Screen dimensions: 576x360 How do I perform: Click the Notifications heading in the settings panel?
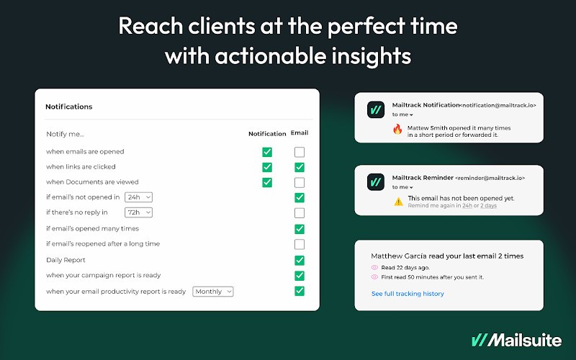point(68,107)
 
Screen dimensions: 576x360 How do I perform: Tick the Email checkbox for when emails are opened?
point(300,152)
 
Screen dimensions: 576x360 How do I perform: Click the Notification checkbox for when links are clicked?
point(267,167)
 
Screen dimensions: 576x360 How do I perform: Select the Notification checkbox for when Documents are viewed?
point(267,183)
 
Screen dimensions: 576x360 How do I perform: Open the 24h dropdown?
point(138,197)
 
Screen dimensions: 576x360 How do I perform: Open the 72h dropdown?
point(138,212)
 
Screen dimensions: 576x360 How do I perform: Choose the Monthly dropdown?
point(213,292)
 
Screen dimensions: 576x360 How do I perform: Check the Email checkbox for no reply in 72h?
point(300,212)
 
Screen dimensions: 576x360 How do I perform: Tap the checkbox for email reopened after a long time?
point(300,244)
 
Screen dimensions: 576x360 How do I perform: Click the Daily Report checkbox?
point(300,261)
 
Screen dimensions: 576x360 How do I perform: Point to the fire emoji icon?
point(397,130)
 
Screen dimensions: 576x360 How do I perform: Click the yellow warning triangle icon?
point(399,202)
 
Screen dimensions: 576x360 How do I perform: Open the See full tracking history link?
point(408,294)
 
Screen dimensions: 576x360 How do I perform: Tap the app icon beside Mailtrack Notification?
point(376,109)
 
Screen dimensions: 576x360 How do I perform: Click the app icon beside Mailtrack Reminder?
point(376,182)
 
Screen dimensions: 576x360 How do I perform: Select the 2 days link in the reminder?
point(489,206)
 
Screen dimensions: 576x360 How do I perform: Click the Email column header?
point(300,132)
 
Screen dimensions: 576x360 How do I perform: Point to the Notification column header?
point(267,134)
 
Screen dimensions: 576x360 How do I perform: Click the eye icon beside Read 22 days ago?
point(374,267)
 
